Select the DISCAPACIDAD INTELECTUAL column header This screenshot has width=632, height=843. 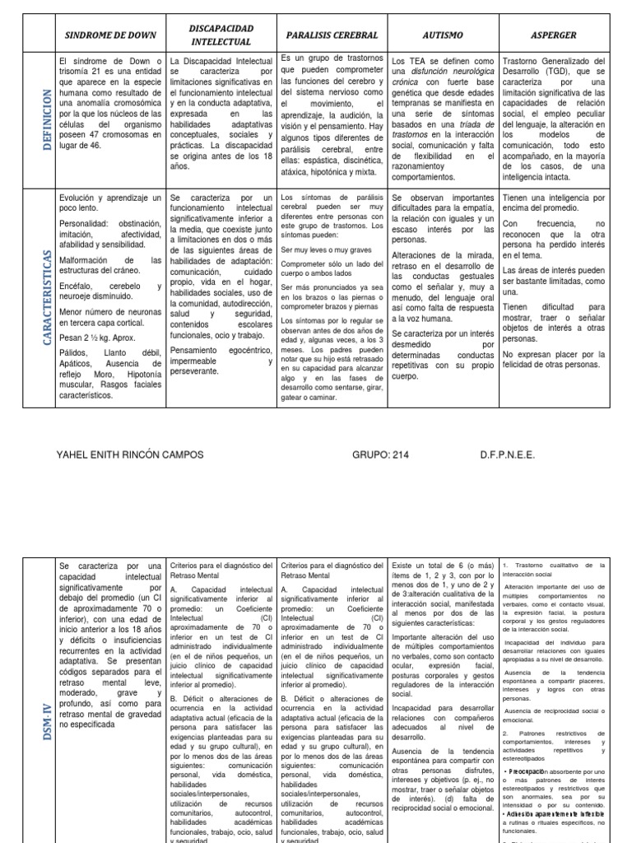point(221,35)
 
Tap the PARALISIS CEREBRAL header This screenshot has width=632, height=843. point(332,35)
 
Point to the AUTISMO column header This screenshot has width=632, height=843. point(443,35)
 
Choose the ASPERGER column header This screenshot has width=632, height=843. point(555,35)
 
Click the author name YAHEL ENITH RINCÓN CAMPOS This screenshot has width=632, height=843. point(129,455)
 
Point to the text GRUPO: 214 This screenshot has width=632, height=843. point(380,455)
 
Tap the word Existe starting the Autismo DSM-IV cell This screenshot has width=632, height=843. point(405,566)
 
